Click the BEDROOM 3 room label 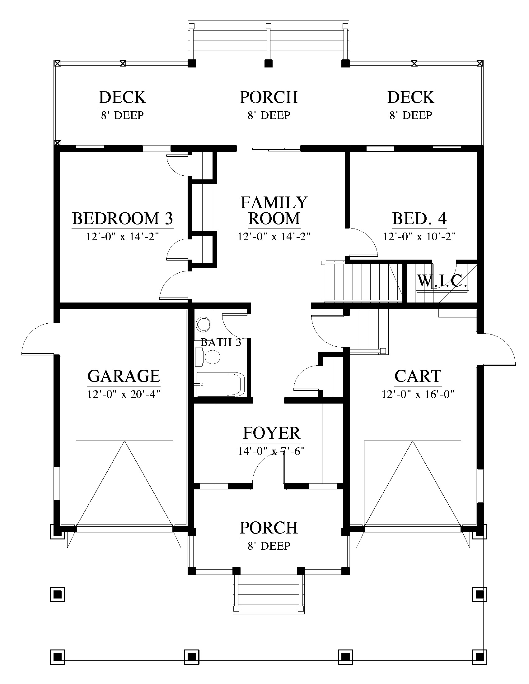(123, 219)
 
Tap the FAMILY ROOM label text (274, 210)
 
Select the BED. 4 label (419, 219)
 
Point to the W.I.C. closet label (442, 281)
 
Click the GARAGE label (124, 376)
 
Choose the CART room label (418, 376)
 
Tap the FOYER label (271, 433)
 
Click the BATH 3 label (221, 342)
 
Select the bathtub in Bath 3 (220, 384)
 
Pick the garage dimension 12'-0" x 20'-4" (124, 394)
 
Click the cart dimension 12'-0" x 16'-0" (418, 394)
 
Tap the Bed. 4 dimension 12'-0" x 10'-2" (419, 237)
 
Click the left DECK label (122, 97)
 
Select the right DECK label (410, 97)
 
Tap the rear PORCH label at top (269, 97)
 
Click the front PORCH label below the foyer (269, 528)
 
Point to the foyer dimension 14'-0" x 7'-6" (271, 451)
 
